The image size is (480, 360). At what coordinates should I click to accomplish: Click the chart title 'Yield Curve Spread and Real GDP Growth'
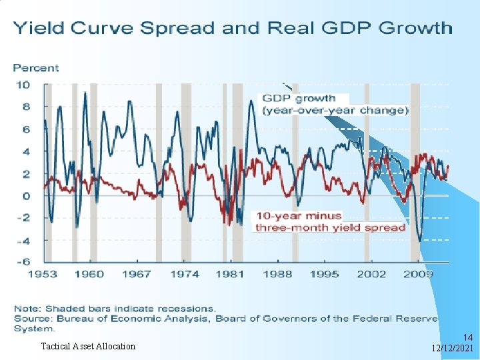(233, 28)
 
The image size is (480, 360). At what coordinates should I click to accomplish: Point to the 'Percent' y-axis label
(36, 68)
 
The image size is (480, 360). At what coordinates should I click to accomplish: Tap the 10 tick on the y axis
(23, 85)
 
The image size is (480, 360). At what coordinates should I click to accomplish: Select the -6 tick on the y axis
(23, 262)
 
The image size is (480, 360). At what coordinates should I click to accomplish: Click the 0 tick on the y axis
(26, 196)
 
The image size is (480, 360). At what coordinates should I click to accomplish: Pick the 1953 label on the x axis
(41, 274)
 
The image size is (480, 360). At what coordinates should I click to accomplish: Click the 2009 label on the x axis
(419, 274)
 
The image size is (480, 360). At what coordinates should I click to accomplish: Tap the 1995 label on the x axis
(324, 274)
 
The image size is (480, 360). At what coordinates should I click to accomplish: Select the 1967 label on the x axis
(137, 274)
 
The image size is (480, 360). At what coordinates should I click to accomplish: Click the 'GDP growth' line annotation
(299, 99)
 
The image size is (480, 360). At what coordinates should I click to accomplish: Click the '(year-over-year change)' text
(335, 110)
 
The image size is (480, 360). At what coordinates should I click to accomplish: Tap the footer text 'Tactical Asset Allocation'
(88, 346)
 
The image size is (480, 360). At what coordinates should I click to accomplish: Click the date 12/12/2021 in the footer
(452, 349)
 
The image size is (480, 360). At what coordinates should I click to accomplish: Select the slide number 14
(467, 338)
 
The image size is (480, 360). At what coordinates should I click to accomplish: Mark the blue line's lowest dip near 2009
(420, 240)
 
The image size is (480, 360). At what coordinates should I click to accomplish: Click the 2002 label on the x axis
(371, 274)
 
